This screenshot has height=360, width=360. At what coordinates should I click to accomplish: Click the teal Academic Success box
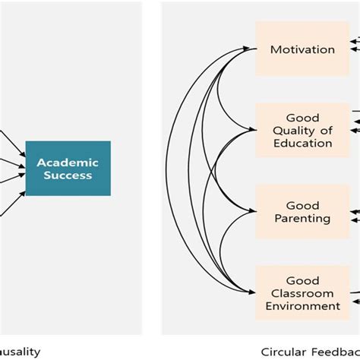68,168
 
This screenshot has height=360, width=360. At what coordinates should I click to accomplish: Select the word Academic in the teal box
68,161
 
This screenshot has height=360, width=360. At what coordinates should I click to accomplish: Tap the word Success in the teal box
68,175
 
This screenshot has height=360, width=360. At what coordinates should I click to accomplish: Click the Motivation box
302,49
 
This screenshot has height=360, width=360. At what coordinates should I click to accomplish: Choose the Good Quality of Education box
302,129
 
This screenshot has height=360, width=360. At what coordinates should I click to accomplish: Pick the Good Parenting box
302,212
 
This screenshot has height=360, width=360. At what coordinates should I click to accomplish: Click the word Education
302,143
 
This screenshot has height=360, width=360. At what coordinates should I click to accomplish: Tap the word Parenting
302,219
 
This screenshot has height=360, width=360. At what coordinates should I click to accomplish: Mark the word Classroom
302,293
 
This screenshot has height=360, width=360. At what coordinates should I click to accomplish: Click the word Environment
302,306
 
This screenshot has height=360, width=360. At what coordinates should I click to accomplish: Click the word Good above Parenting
302,205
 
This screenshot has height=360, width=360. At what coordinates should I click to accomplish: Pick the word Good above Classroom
302,280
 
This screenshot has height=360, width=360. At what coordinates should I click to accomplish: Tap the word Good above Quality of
302,117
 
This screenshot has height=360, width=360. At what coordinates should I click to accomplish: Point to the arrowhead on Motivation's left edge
251,49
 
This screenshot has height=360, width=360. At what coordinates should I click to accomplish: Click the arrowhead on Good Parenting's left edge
251,212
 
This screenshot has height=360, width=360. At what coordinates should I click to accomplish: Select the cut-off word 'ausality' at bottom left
20,352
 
